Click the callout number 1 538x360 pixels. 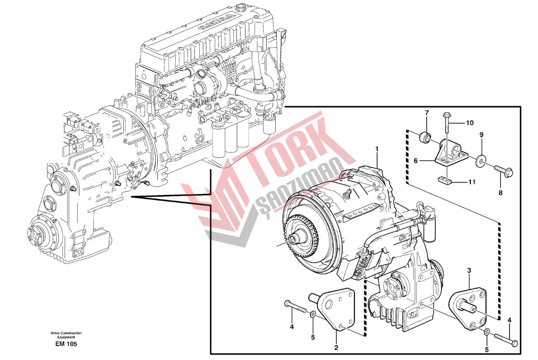(x=377, y=148)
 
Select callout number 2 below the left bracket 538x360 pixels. (x=336, y=347)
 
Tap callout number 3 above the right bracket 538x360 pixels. (x=469, y=270)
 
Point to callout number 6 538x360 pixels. (x=415, y=160)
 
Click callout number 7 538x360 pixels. (x=426, y=112)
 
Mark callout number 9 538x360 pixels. (x=481, y=135)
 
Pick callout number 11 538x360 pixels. (x=472, y=183)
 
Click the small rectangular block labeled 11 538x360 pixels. (x=445, y=180)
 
